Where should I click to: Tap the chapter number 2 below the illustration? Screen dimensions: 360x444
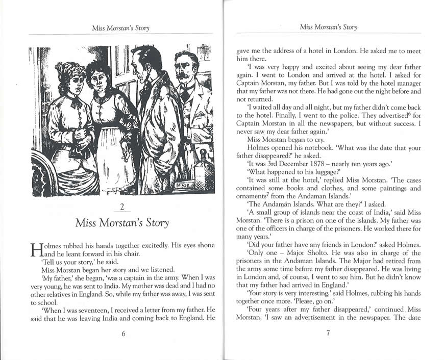click(x=122, y=207)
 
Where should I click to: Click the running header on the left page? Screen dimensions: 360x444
click(x=121, y=28)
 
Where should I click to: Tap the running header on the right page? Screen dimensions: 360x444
click(x=328, y=27)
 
